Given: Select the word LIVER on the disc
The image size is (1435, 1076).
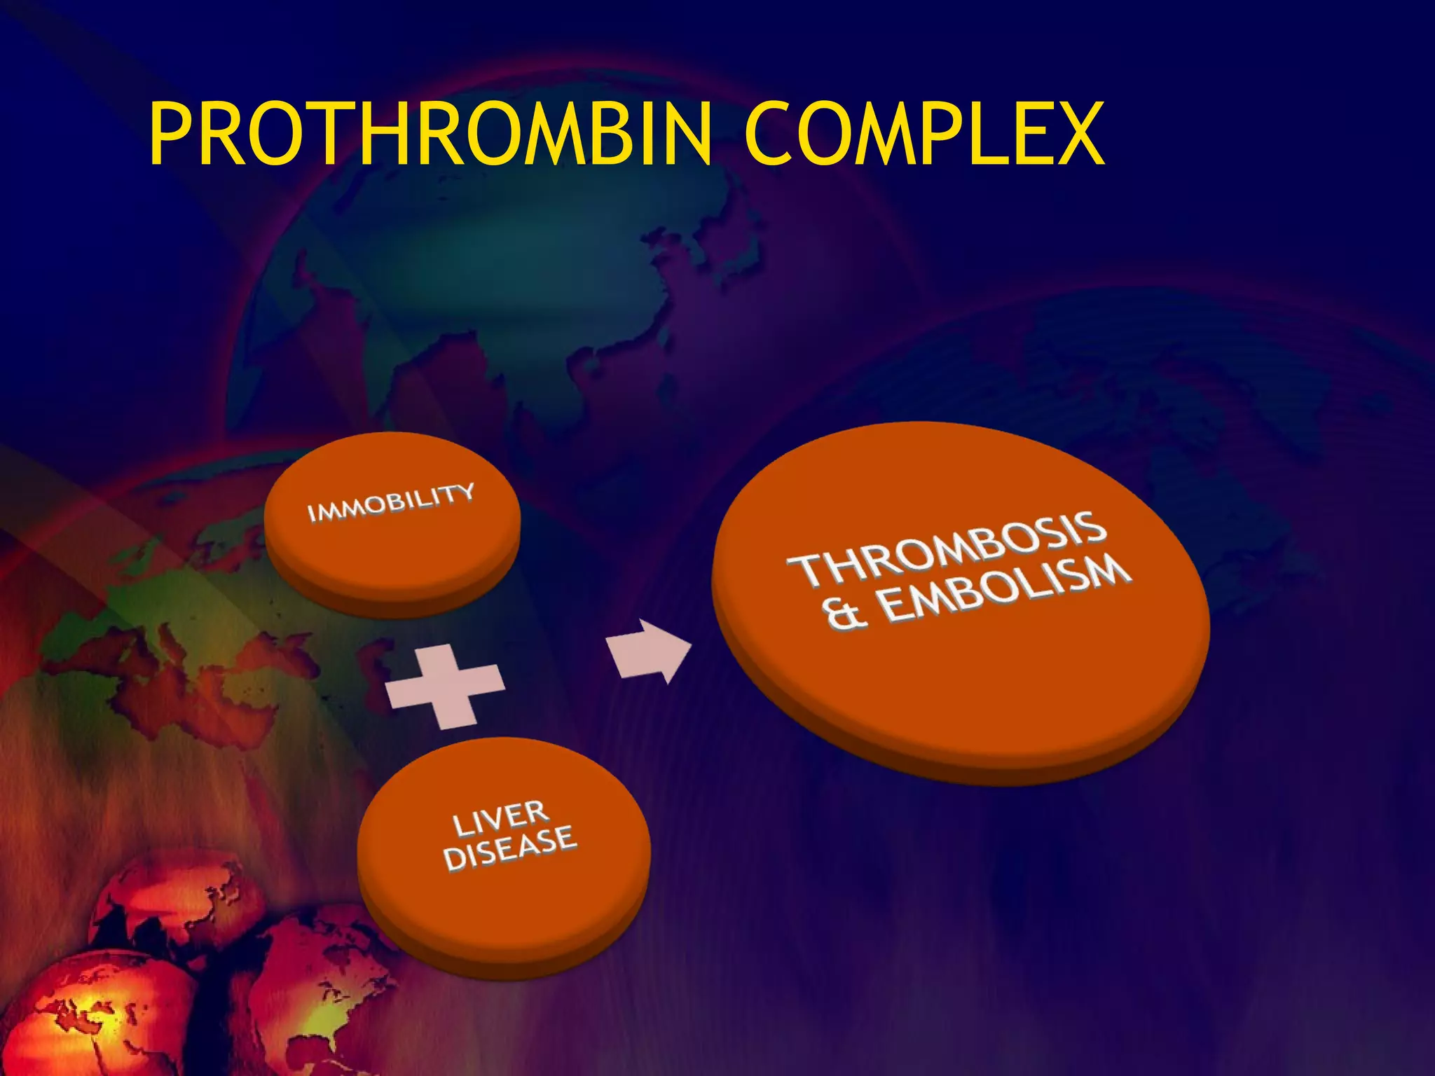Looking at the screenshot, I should (500, 818).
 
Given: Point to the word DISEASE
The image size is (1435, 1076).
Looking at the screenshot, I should (510, 849).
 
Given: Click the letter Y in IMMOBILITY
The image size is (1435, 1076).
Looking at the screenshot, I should (465, 492).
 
